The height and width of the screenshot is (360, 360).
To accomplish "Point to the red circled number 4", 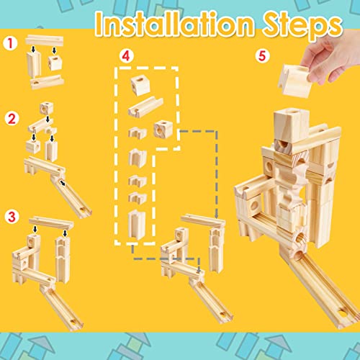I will (x=127, y=54).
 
